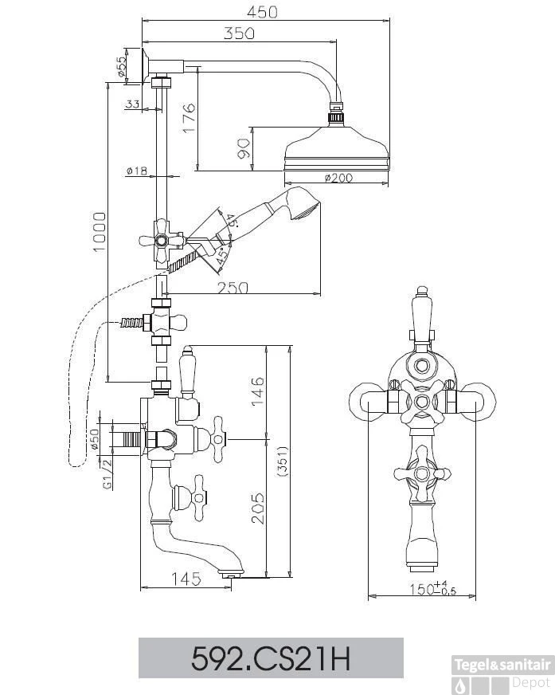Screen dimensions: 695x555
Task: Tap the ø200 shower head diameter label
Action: (337, 178)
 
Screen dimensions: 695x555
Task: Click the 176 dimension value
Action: (188, 119)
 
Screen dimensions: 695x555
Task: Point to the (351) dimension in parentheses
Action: (282, 459)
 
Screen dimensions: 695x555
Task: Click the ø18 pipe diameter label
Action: (137, 171)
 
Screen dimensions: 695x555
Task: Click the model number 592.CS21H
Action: (272, 658)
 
